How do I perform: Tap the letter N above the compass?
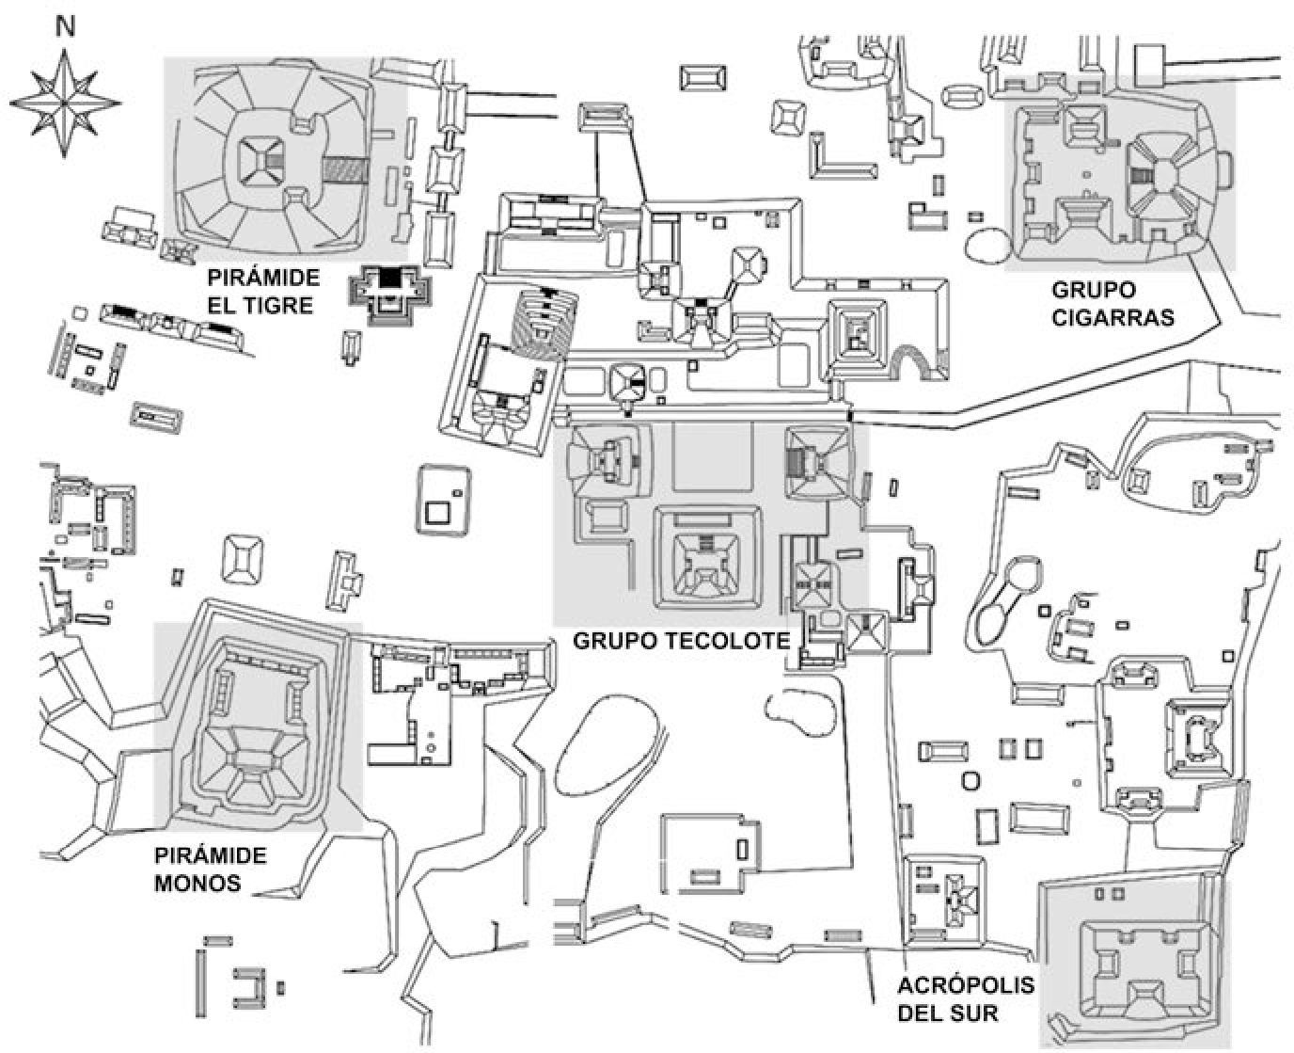[65, 27]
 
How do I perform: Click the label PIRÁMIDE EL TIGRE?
[264, 292]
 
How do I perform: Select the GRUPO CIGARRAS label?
[1113, 303]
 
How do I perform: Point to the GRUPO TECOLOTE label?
[681, 642]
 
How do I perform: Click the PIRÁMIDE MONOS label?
[209, 870]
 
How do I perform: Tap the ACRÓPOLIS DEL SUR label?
[953, 999]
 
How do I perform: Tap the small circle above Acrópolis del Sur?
[971, 780]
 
